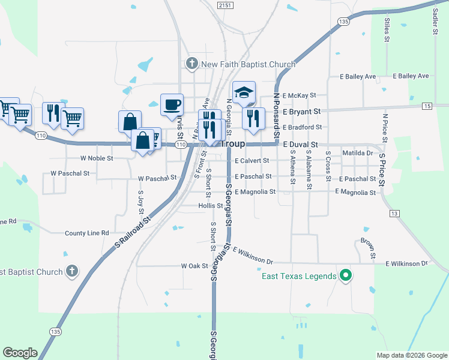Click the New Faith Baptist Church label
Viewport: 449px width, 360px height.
coord(248,64)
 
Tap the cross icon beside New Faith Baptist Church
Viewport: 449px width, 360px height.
coord(192,64)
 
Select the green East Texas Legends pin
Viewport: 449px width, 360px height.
coord(345,276)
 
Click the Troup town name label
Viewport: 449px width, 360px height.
coord(234,145)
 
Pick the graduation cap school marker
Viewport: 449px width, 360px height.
coord(244,92)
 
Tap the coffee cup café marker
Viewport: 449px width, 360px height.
coord(172,104)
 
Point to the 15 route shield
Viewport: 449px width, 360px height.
coord(427,106)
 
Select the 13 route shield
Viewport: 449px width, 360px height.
coord(394,214)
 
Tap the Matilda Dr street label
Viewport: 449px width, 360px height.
coord(358,153)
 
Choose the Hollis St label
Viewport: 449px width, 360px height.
coord(211,206)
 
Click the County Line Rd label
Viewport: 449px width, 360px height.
coord(87,233)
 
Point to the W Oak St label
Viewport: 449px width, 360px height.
coord(194,266)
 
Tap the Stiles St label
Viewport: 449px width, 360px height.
coord(387,27)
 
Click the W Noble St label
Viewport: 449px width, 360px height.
coord(97,158)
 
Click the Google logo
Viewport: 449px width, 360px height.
coord(20,353)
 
